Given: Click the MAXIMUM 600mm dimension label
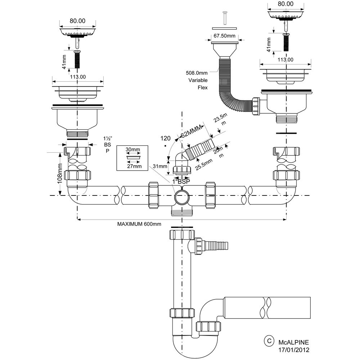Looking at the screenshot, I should pyautogui.click(x=139, y=224).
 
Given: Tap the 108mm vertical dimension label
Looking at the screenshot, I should pyautogui.click(x=60, y=174).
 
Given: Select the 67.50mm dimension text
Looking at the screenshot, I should pyautogui.click(x=224, y=36).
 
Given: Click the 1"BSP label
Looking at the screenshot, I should pyautogui.click(x=181, y=182).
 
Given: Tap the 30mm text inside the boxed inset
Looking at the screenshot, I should pyautogui.click(x=133, y=149).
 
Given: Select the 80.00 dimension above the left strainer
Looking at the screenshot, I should pyautogui.click(x=77, y=21).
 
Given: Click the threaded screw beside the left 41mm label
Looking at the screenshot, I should pyautogui.click(x=77, y=60).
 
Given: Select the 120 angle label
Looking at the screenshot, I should pyautogui.click(x=165, y=138).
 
